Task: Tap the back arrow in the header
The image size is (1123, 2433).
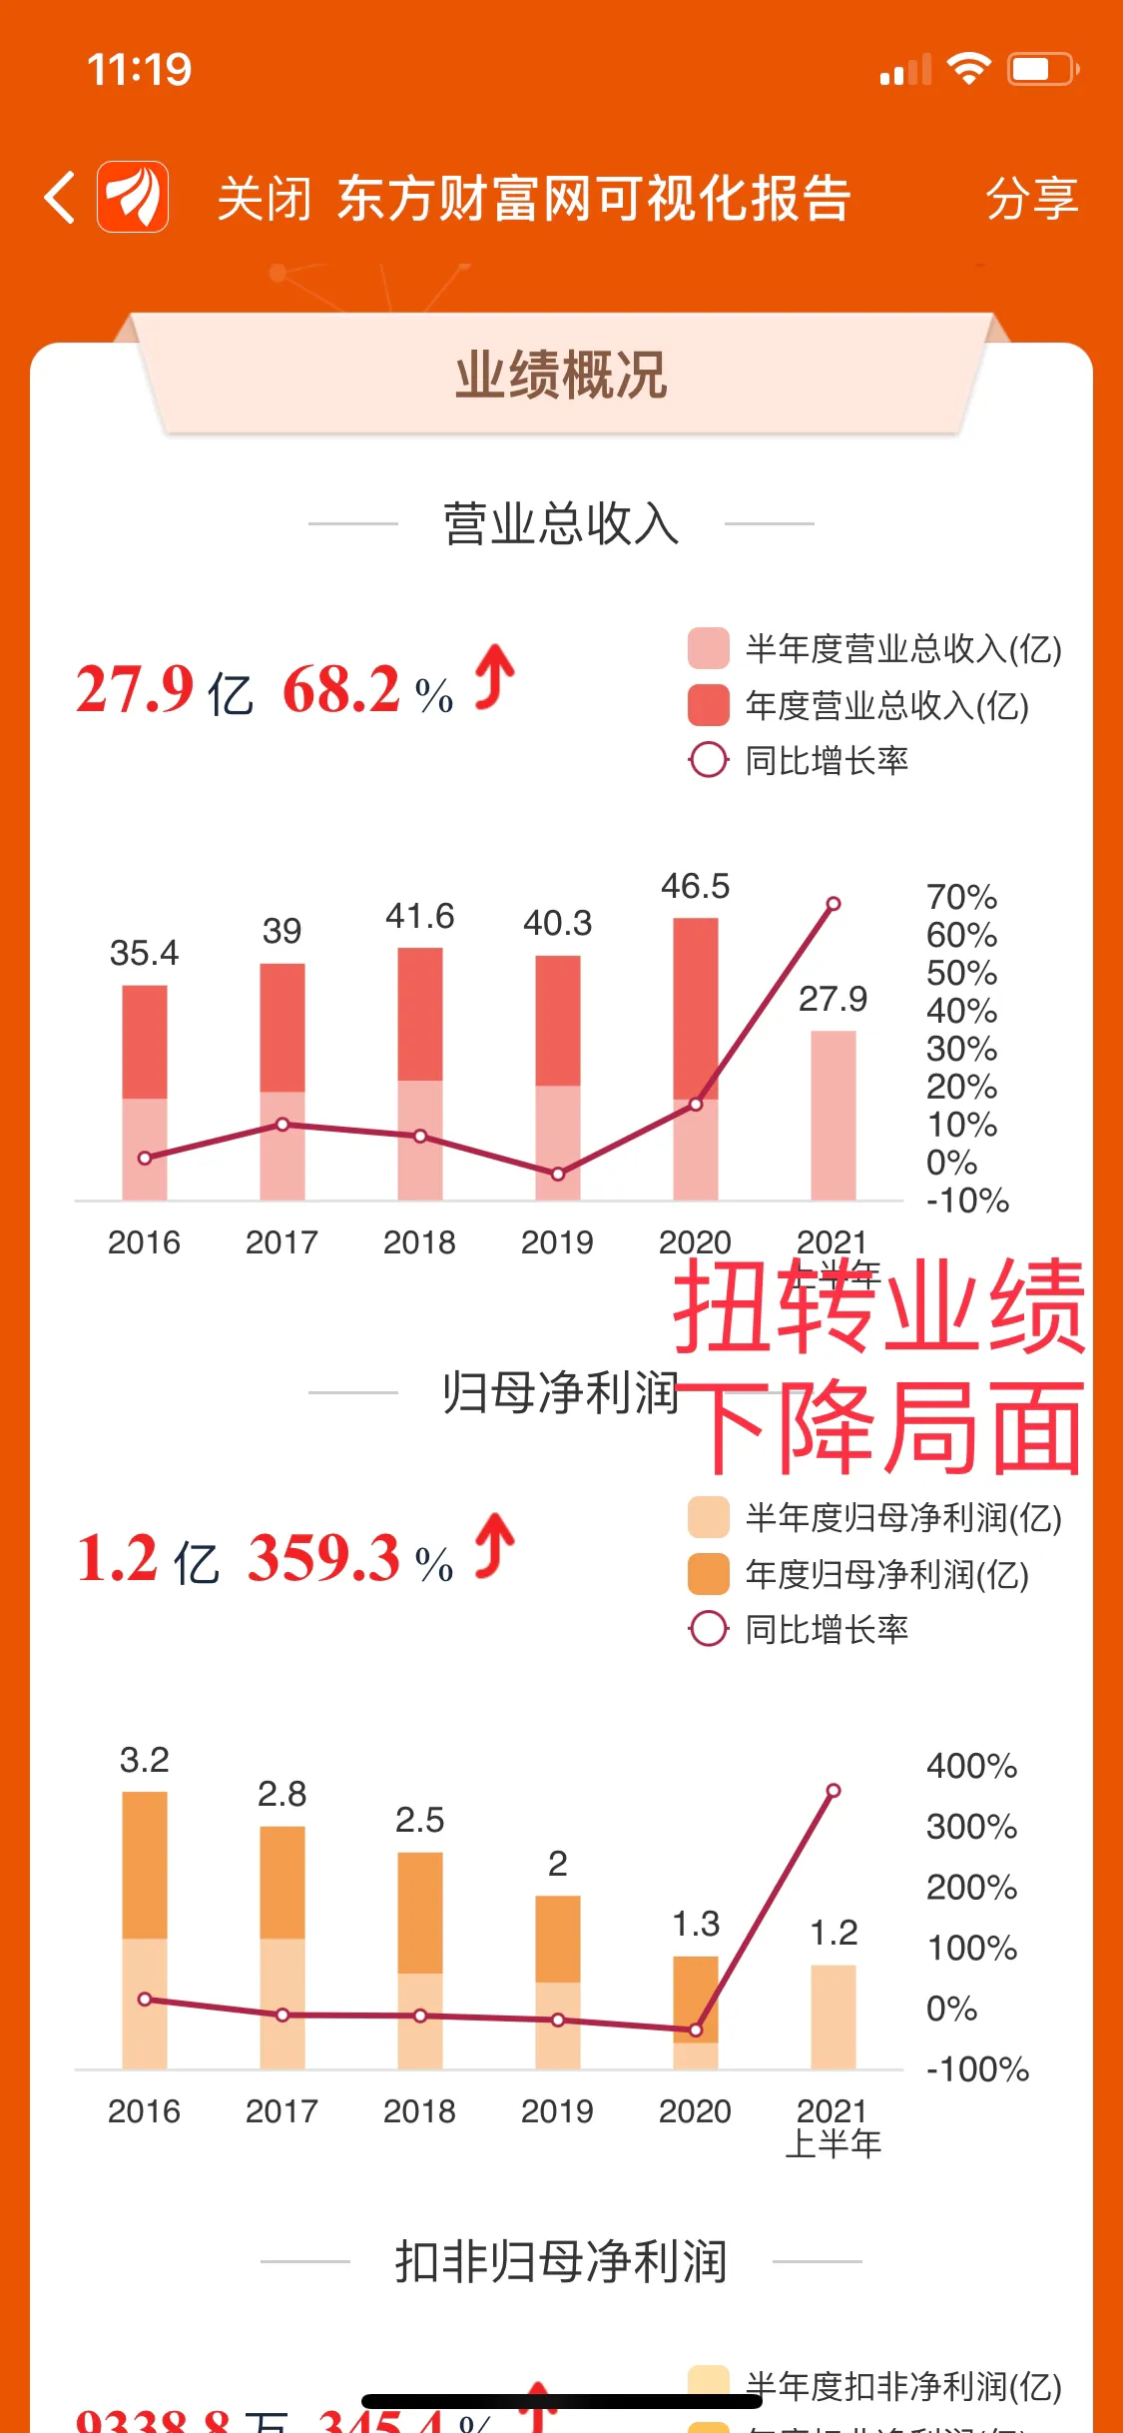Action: pyautogui.click(x=60, y=197)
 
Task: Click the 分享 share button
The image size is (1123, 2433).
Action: pyautogui.click(x=1031, y=198)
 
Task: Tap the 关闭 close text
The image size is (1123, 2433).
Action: pyautogui.click(x=264, y=198)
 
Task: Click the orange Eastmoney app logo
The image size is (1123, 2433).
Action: pyautogui.click(x=133, y=197)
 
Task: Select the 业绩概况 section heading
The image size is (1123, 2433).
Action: pyautogui.click(x=561, y=376)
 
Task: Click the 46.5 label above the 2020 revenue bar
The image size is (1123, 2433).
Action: pyautogui.click(x=695, y=886)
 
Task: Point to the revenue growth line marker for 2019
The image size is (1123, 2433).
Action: pyautogui.click(x=558, y=1174)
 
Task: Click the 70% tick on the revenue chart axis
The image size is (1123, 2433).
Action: pyautogui.click(x=961, y=897)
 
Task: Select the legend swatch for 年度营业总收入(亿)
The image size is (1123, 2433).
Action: pyautogui.click(x=708, y=705)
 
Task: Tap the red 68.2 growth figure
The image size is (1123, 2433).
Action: pyautogui.click(x=341, y=689)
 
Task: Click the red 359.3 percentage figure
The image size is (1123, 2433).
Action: pyautogui.click(x=324, y=1558)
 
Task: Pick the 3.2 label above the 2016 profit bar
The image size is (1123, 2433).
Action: pyautogui.click(x=145, y=1760)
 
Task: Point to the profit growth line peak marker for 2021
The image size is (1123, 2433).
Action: pyautogui.click(x=834, y=1791)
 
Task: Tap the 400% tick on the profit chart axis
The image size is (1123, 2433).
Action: pyautogui.click(x=971, y=1766)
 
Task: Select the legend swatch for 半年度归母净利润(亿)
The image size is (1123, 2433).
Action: pyautogui.click(x=708, y=1518)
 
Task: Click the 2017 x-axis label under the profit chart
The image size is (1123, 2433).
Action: pyautogui.click(x=281, y=2111)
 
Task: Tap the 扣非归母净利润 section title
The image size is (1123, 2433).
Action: pyautogui.click(x=561, y=2262)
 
